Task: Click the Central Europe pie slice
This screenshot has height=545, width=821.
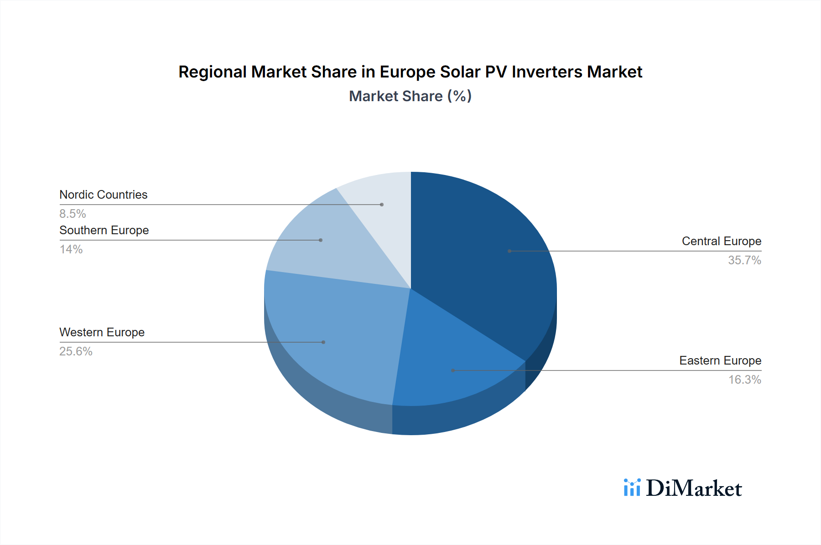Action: click(483, 255)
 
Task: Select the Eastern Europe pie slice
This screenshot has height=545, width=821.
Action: click(452, 365)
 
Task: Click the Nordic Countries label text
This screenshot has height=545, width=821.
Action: click(104, 195)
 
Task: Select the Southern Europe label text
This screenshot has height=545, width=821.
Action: click(104, 230)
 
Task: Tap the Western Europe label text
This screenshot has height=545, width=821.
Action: click(102, 332)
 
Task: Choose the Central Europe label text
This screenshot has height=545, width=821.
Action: click(721, 241)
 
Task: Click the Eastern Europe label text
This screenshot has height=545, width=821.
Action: click(720, 360)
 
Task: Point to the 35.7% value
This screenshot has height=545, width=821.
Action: click(744, 260)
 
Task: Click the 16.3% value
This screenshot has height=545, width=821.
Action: click(744, 380)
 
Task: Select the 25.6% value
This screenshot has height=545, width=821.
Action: click(76, 351)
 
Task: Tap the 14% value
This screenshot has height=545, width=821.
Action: click(71, 249)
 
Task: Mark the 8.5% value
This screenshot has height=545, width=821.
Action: click(73, 214)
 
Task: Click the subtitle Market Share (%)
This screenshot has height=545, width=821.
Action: click(410, 96)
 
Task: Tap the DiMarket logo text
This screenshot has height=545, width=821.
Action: click(694, 488)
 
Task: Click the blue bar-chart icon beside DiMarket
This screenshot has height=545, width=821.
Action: click(632, 488)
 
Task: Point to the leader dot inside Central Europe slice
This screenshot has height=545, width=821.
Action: click(509, 251)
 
